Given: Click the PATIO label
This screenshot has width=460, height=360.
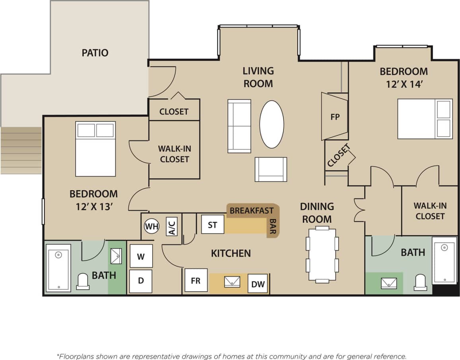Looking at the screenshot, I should pyautogui.click(x=95, y=53).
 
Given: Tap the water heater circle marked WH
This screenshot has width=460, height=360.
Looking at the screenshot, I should pyautogui.click(x=151, y=227).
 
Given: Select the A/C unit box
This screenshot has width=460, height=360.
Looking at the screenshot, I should pyautogui.click(x=171, y=226).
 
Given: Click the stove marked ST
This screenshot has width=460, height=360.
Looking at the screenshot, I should pyautogui.click(x=213, y=225).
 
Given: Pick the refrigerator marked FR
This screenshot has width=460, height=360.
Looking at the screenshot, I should pyautogui.click(x=196, y=280).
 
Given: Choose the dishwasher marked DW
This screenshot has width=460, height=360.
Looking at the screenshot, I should pyautogui.click(x=258, y=284).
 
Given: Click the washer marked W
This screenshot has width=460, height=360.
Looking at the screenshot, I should pyautogui.click(x=141, y=256).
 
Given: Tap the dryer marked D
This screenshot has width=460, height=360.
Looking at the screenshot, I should pyautogui.click(x=141, y=281).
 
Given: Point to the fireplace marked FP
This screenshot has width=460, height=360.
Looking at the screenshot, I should pyautogui.click(x=335, y=117).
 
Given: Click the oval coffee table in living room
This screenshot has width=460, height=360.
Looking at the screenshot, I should pyautogui.click(x=272, y=124).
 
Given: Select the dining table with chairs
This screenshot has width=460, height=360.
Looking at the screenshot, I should pyautogui.click(x=322, y=255).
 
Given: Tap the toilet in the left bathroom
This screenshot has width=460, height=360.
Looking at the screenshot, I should pyautogui.click(x=83, y=281).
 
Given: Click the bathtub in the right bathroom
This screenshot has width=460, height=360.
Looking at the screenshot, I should pyautogui.click(x=444, y=260).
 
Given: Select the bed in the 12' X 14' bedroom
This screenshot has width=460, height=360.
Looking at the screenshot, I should pyautogui.click(x=425, y=119).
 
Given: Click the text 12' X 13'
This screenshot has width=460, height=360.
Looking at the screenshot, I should pyautogui.click(x=93, y=207).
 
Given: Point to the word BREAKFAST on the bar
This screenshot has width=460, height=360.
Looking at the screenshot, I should pyautogui.click(x=251, y=210).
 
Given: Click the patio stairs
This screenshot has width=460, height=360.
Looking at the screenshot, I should pyautogui.click(x=21, y=150).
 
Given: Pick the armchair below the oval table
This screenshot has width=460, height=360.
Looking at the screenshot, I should pyautogui.click(x=271, y=169).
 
